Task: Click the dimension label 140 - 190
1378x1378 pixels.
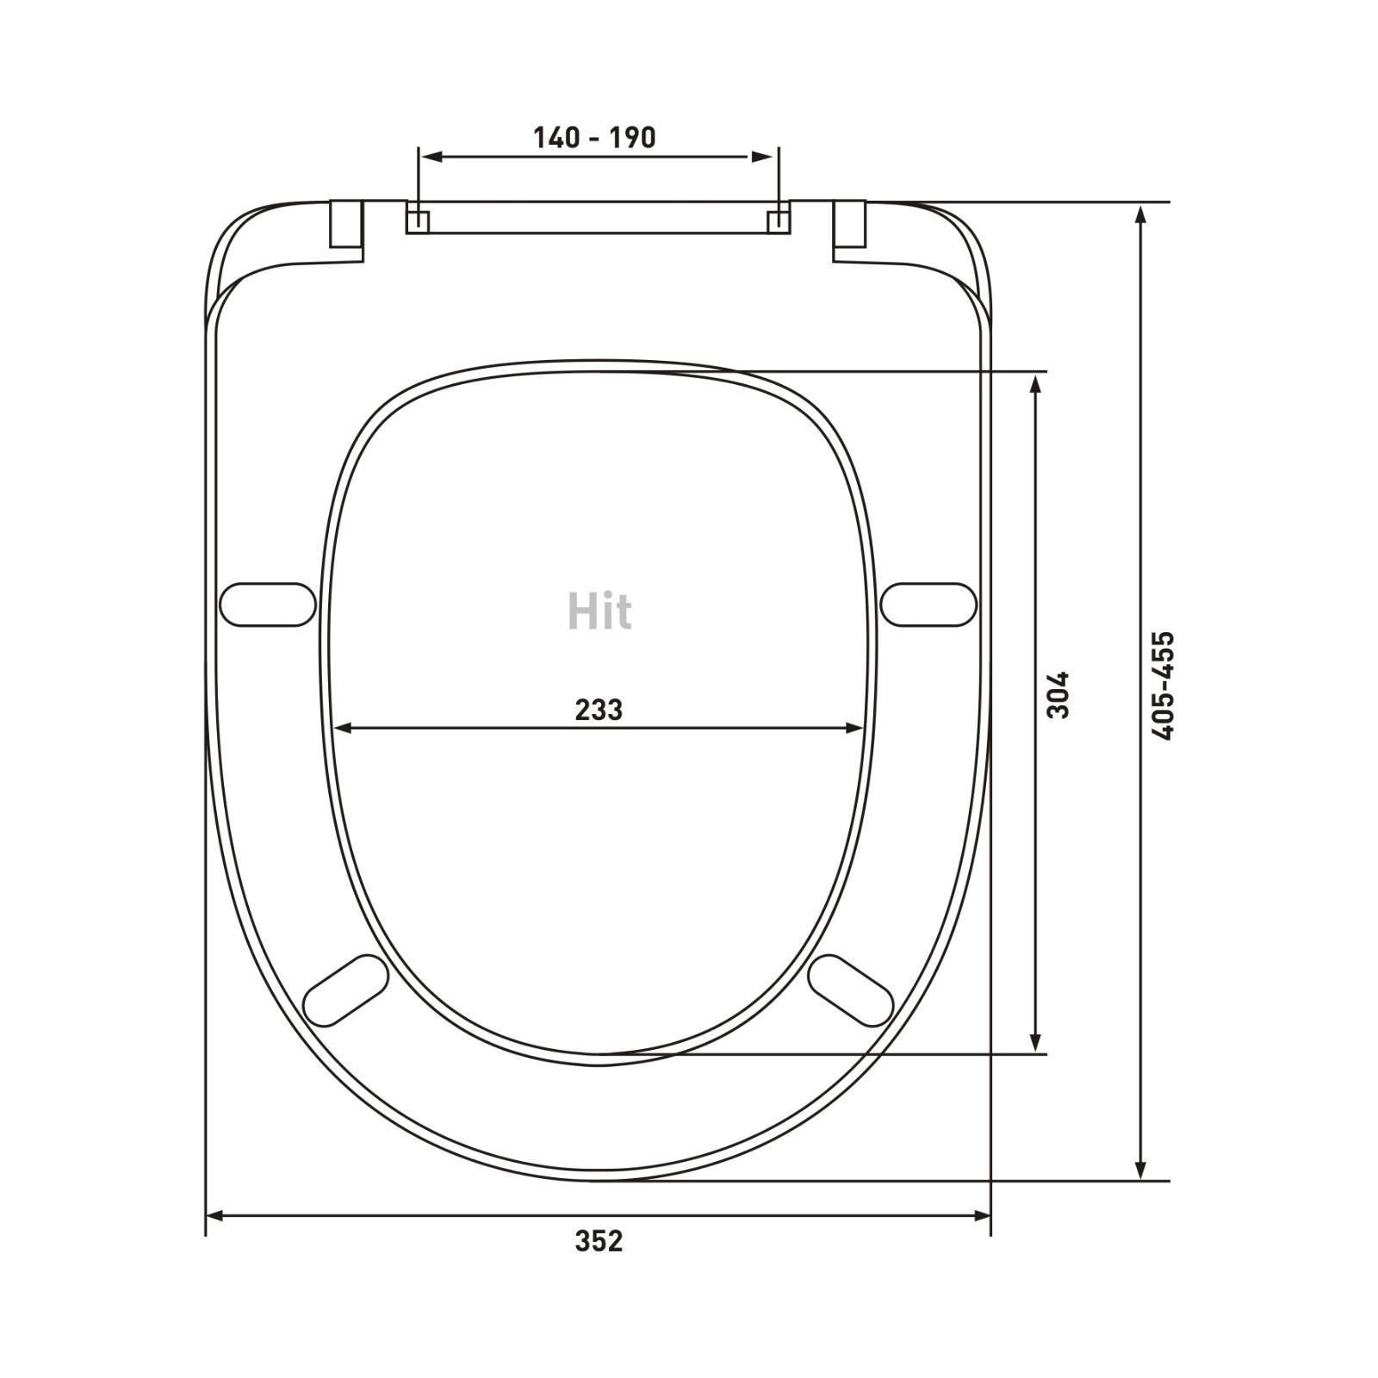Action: click(x=594, y=138)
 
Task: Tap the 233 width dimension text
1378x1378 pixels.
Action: click(x=599, y=710)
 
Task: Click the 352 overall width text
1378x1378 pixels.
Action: click(x=599, y=1241)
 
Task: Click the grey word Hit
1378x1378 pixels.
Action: click(x=599, y=611)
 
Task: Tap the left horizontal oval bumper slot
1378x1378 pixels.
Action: click(x=268, y=605)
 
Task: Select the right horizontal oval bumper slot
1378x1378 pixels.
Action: click(x=928, y=605)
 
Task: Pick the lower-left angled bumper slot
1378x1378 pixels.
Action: click(x=346, y=990)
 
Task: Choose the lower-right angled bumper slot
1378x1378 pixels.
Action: click(x=851, y=990)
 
